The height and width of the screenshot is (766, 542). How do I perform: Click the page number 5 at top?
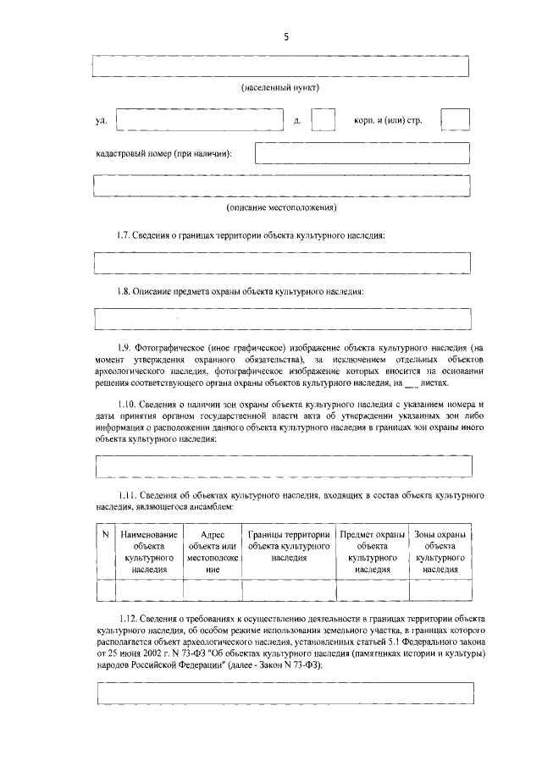285,36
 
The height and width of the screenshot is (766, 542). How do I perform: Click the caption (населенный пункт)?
280,88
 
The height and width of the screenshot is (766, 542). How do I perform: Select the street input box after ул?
199,120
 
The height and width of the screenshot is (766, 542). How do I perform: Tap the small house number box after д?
323,120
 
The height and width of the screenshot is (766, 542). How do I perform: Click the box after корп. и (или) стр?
456,120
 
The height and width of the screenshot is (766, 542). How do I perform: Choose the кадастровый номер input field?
362,153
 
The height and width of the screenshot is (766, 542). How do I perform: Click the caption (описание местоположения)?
281,207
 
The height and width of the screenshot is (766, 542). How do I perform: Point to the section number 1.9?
126,348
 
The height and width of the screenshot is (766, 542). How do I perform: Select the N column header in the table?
105,535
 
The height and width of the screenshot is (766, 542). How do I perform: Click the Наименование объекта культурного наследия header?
149,553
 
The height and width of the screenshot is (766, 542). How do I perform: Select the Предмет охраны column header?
373,553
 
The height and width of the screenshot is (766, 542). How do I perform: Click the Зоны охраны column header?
440,553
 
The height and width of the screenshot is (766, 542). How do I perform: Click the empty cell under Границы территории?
289,590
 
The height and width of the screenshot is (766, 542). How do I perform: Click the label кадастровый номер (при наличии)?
164,154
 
